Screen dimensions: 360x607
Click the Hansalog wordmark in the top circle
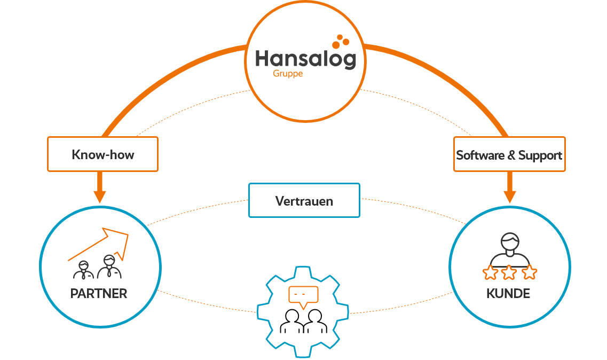[305, 59]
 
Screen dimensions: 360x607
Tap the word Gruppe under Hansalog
[288, 74]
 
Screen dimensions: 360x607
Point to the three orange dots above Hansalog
[340, 41]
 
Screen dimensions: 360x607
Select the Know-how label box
[103, 155]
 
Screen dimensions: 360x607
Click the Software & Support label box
[509, 155]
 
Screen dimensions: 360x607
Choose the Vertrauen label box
[304, 201]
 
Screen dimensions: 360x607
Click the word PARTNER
[99, 294]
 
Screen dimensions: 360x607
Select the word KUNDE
[508, 294]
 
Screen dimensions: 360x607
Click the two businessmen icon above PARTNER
[98, 267]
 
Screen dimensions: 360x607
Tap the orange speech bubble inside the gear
[303, 295]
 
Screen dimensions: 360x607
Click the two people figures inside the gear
[303, 321]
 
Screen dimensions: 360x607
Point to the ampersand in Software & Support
[511, 155]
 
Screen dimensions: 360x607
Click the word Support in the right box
[540, 155]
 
